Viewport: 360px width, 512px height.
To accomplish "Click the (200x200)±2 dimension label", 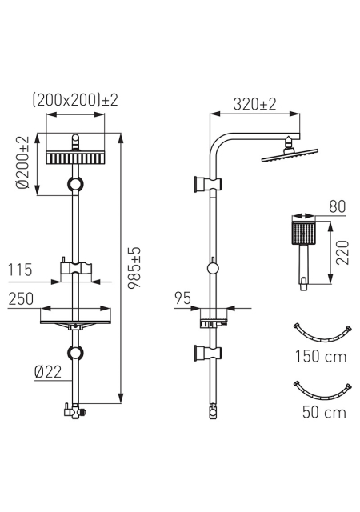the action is pos(75,99).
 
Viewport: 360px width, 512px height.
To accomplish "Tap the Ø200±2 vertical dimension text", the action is pos(23,162).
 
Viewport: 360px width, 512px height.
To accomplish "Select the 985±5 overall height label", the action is pos(134,267).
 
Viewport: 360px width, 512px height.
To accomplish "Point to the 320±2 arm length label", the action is pos(255,104).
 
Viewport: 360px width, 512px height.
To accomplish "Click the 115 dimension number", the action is pos(20,270).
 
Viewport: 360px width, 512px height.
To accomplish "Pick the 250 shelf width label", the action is pos(21,298).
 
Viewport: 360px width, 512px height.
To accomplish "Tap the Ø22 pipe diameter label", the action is pos(48,371).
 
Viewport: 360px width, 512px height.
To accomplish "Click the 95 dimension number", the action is pos(182,298).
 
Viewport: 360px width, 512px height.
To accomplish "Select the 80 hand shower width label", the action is pos(337,206).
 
